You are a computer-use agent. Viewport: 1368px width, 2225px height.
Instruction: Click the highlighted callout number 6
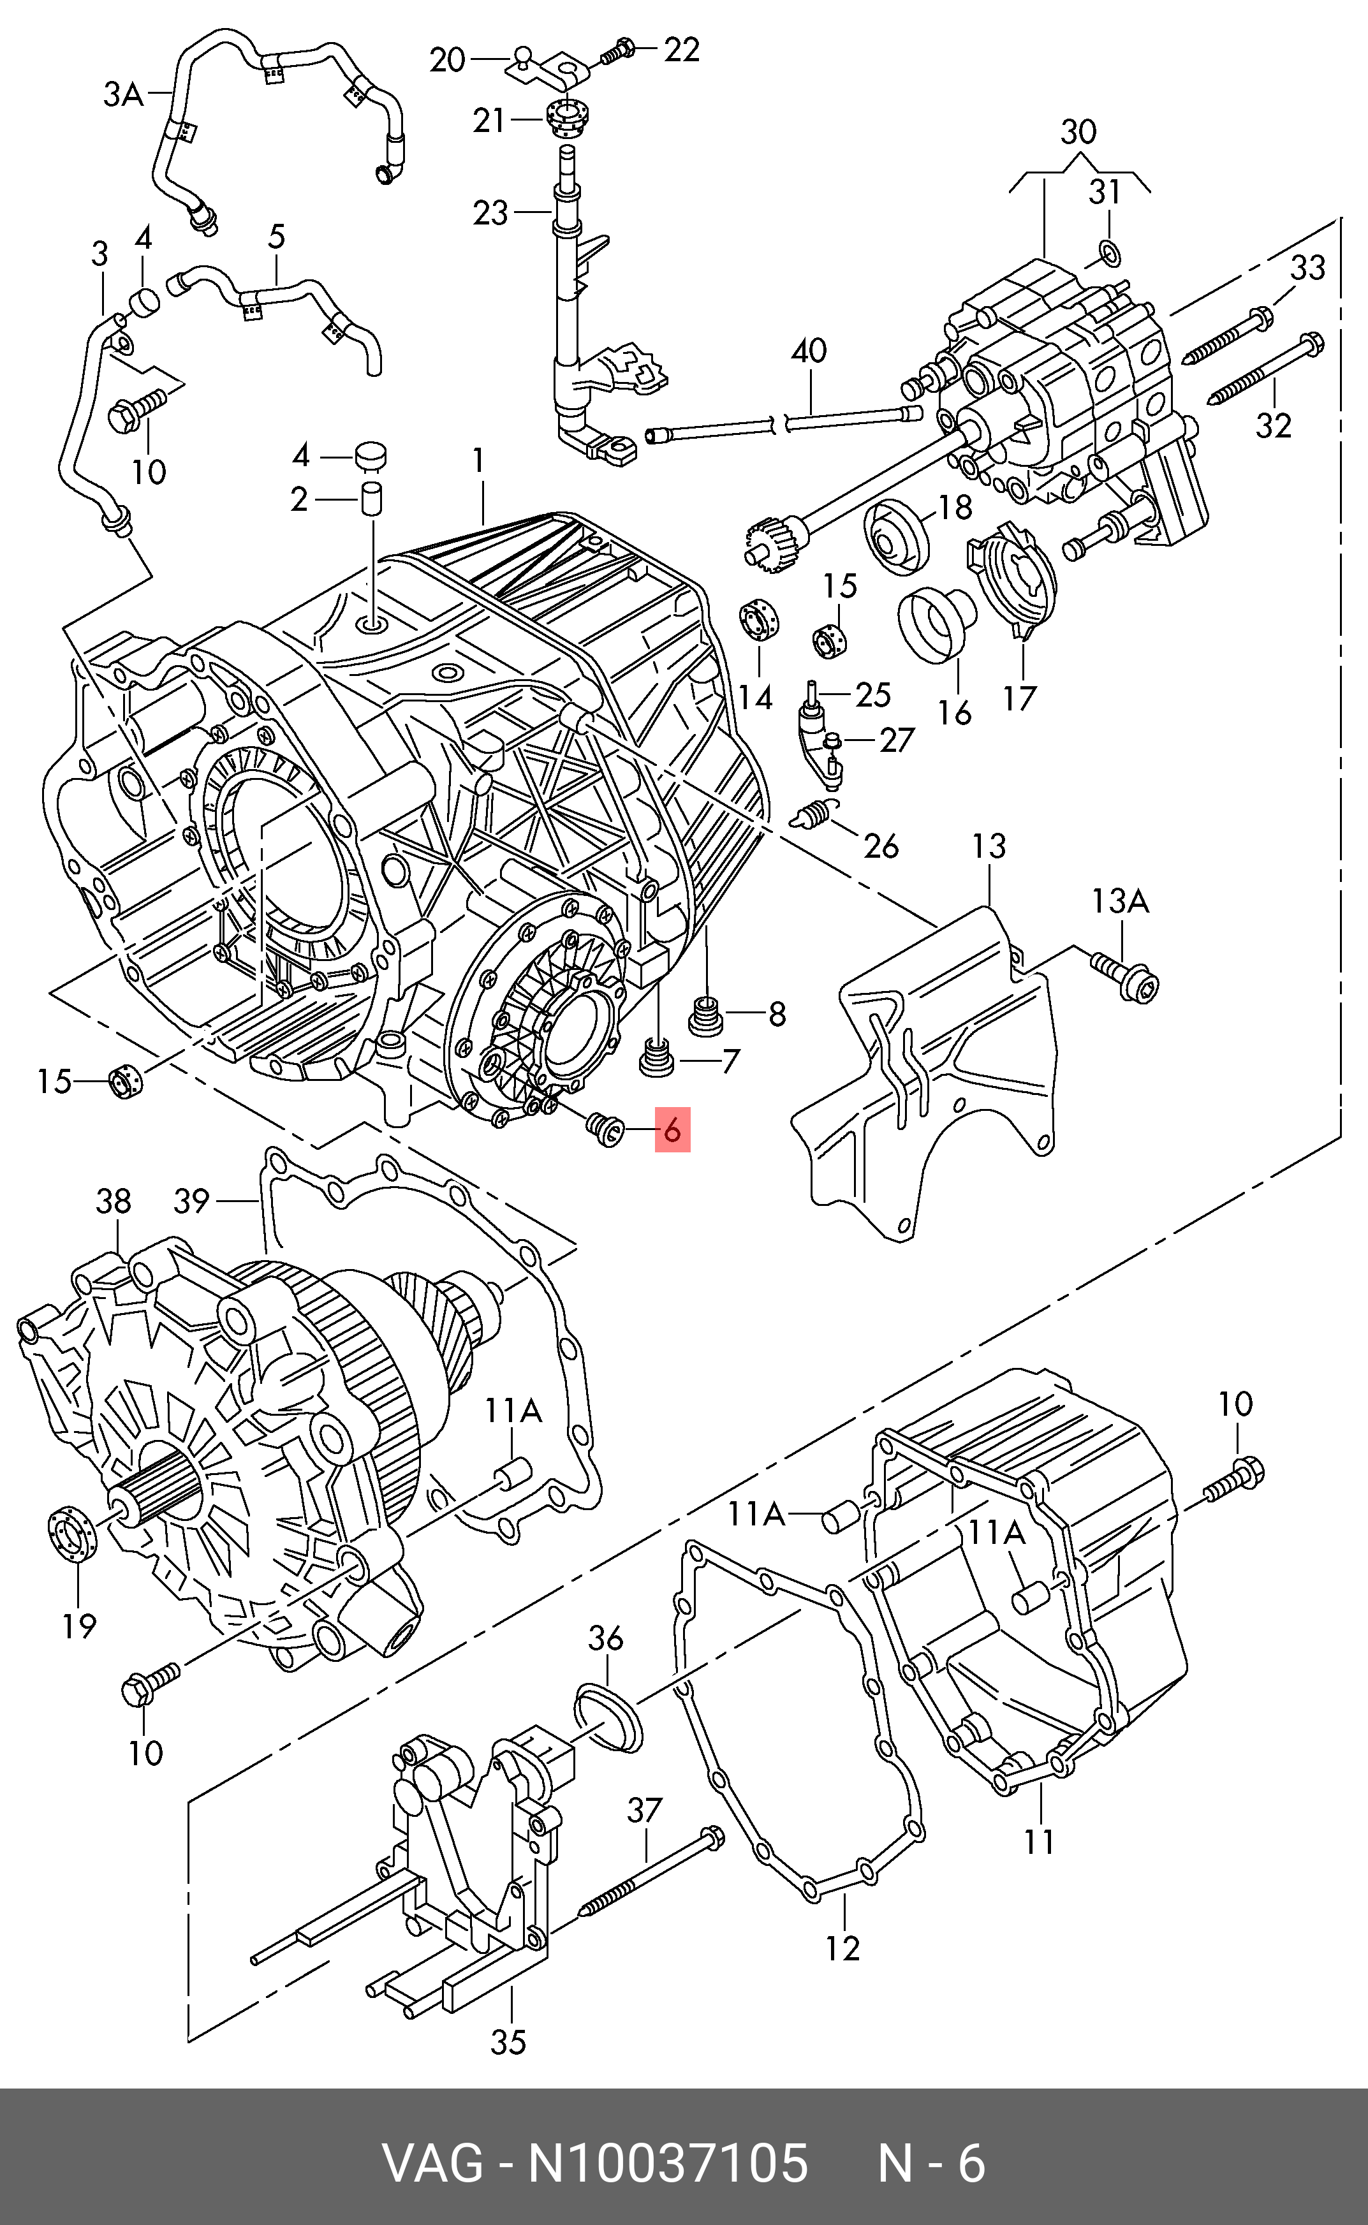pos(672,1129)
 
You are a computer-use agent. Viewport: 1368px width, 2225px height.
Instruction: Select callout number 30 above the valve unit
pos(1078,132)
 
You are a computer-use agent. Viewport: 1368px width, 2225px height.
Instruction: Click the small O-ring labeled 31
pos(1109,254)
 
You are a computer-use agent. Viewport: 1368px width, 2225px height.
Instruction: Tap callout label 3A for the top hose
pos(123,94)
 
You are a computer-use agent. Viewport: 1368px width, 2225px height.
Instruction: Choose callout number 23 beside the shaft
pos(491,214)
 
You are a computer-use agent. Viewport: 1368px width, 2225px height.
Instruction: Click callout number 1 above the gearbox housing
pos(478,462)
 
